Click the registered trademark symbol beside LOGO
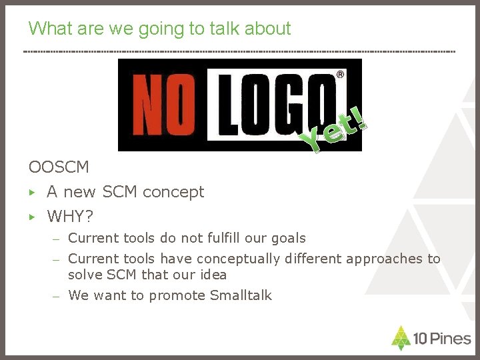[x=341, y=75]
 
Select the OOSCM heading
[x=59, y=167]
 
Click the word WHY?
[x=70, y=217]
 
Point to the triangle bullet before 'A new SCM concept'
[x=31, y=192]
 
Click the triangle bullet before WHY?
[x=31, y=217]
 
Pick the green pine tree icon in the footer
[x=401, y=337]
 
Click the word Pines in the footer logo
[x=449, y=339]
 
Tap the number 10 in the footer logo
[x=420, y=339]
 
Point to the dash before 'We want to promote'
[x=58, y=296]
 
